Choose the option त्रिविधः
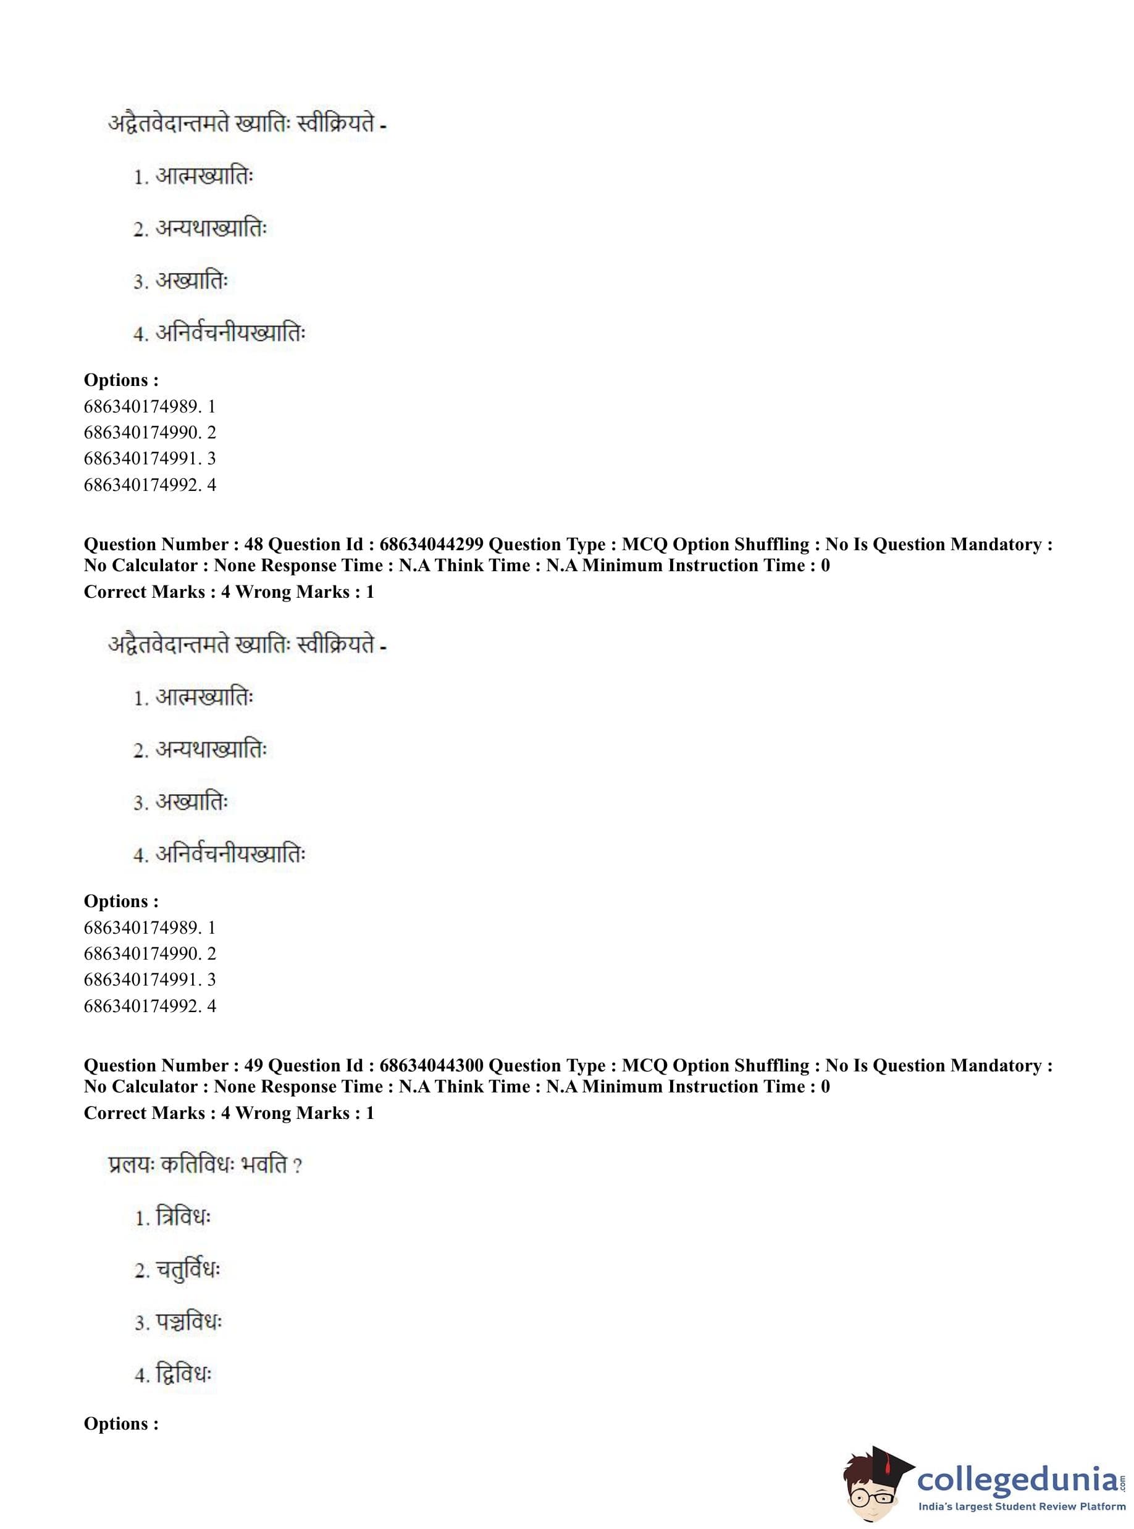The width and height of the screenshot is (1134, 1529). (x=183, y=1218)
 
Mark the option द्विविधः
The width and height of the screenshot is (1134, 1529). (x=183, y=1375)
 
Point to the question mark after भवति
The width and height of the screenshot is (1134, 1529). (x=297, y=1166)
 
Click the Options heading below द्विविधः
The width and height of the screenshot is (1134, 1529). (x=121, y=1423)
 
